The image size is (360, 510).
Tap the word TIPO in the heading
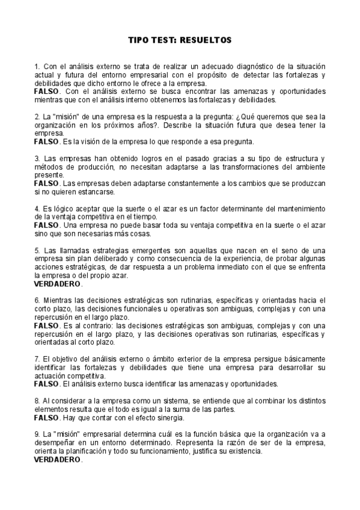[x=140, y=40]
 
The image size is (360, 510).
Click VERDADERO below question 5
[x=58, y=283]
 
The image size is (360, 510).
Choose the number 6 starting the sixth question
[x=37, y=300]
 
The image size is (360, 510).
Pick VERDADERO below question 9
[x=58, y=459]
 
